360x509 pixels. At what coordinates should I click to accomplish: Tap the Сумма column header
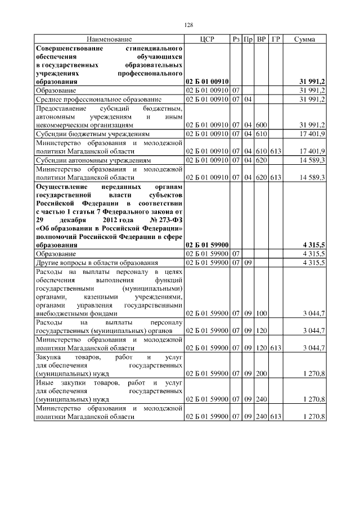pos(304,39)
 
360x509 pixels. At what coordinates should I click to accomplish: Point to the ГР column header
pos(276,39)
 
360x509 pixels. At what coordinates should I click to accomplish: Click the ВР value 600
pos(261,124)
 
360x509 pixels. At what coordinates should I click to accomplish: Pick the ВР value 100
pos(261,313)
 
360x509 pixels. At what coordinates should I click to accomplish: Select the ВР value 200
pos(261,373)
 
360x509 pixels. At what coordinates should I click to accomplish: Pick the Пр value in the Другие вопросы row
pos(247,263)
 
